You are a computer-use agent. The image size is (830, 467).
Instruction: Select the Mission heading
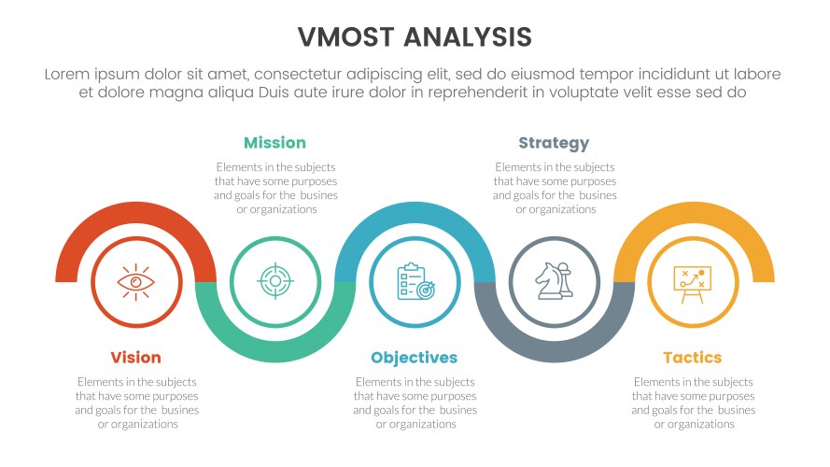(274, 143)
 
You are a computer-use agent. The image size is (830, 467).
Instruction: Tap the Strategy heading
(554, 143)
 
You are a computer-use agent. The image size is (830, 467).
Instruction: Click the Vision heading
(135, 358)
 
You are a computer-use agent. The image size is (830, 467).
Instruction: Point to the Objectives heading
(414, 358)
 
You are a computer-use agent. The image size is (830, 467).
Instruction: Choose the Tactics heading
(692, 358)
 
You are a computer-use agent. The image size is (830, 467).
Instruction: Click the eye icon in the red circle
(136, 280)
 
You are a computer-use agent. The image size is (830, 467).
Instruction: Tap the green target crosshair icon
(274, 280)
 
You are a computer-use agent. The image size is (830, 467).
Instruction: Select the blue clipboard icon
(415, 280)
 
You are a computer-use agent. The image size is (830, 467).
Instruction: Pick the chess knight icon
(554, 280)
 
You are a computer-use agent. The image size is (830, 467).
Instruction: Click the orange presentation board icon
(692, 280)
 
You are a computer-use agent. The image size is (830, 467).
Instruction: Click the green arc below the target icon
(275, 349)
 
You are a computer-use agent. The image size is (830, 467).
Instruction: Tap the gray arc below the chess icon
(555, 349)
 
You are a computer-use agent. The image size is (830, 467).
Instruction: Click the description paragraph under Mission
(275, 188)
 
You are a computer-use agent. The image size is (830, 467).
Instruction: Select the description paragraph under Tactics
(693, 403)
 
